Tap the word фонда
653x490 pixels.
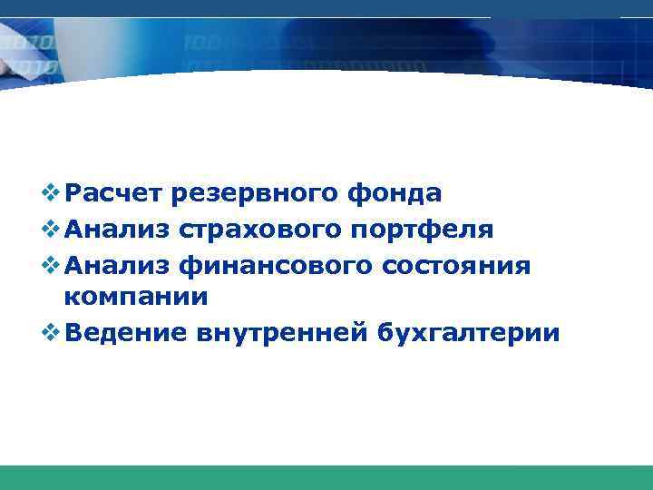coord(395,193)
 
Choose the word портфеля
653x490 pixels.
coord(419,228)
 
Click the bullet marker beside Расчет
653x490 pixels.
coord(52,193)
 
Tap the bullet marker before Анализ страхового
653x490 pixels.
coord(52,228)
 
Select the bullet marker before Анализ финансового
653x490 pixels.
coord(52,263)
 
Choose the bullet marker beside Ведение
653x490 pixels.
coord(52,332)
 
